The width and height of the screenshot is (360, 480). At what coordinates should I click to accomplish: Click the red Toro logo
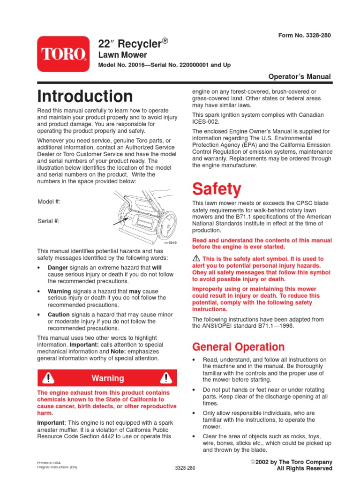tap(63, 54)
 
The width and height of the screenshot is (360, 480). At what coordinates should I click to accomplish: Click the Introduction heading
tap(85, 96)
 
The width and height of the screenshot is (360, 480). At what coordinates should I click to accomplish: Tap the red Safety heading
tap(217, 189)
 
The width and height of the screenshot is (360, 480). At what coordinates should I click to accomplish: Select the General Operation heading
tap(239, 347)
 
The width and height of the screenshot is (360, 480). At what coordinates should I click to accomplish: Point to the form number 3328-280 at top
tap(304, 36)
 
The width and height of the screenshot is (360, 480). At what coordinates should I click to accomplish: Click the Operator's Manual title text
tap(300, 76)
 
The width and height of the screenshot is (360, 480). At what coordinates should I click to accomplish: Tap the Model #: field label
tap(49, 202)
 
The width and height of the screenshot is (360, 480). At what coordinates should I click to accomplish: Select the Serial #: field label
tap(49, 221)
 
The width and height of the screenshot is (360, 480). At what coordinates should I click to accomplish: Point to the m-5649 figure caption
tap(169, 243)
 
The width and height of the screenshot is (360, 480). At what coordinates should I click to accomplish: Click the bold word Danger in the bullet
tap(58, 267)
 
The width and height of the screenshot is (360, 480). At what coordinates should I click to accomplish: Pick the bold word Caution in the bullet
tap(59, 315)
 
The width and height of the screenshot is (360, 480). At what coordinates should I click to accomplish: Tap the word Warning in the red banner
tap(108, 378)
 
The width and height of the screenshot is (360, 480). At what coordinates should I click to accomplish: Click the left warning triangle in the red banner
tap(48, 378)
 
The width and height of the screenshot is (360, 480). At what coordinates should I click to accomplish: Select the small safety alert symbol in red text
tap(196, 259)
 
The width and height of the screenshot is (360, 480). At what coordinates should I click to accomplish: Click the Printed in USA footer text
tap(49, 462)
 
